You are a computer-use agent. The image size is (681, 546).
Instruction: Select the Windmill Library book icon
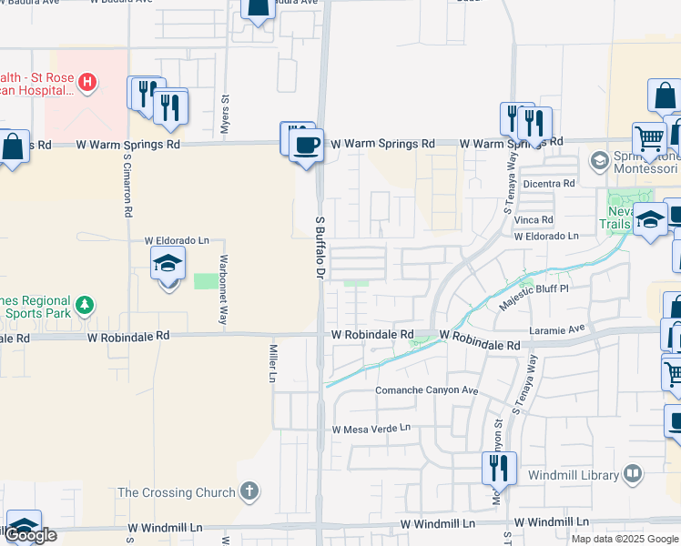633,474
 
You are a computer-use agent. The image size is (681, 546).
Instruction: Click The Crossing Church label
177,493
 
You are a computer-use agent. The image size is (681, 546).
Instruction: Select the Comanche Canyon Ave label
427,390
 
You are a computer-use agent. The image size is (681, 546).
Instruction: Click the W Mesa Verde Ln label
371,429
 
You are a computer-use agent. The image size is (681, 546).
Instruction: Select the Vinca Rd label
534,220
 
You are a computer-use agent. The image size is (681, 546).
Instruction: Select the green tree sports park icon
85,304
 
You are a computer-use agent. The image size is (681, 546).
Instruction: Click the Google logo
31,535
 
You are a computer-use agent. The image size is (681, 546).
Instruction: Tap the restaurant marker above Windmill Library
498,468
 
